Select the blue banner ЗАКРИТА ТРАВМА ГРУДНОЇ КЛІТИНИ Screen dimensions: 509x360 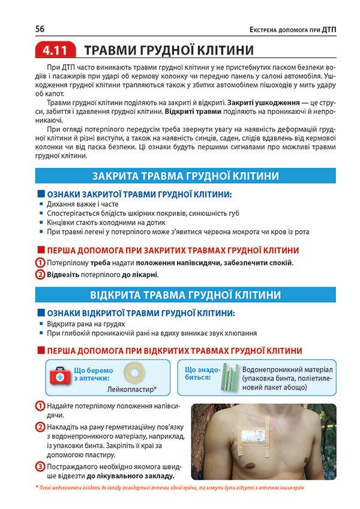[x=185, y=176]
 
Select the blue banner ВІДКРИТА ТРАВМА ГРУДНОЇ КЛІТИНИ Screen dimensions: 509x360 [x=185, y=295]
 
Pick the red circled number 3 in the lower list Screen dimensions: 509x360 [x=40, y=466]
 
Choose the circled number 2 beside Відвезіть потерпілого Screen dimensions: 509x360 [x=40, y=275]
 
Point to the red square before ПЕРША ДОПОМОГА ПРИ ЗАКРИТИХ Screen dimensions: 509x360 [x=41, y=250]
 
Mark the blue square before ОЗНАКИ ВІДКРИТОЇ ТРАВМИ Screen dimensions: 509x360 [x=41, y=313]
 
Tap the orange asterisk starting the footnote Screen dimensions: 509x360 [x=37, y=488]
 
